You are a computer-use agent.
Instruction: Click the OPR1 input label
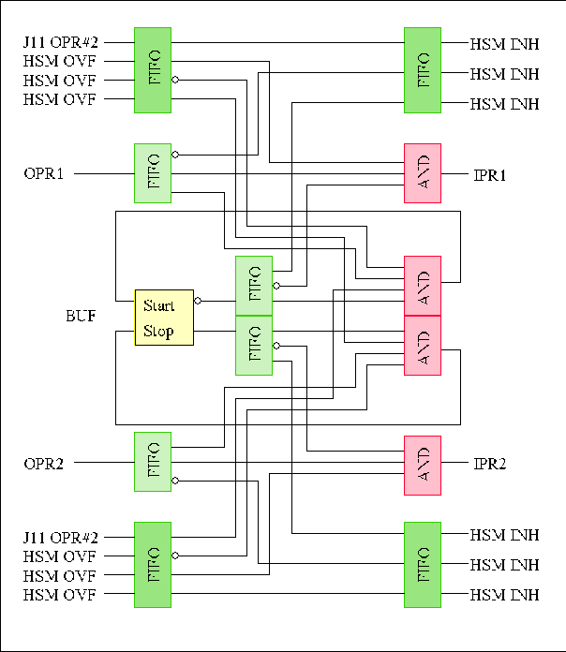(x=43, y=173)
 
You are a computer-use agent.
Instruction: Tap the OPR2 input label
(x=43, y=463)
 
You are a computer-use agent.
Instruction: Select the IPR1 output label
(x=490, y=173)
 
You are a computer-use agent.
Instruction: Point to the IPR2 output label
(x=490, y=463)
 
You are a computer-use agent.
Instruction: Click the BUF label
(x=79, y=318)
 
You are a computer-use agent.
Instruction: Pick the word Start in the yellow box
(x=159, y=305)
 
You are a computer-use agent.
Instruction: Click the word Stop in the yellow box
(x=158, y=331)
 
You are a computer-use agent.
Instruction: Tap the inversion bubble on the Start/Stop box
(x=197, y=302)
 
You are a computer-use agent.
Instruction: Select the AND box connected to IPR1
(x=422, y=173)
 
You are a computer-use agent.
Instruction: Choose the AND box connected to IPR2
(x=422, y=465)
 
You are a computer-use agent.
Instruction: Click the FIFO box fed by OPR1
(x=153, y=172)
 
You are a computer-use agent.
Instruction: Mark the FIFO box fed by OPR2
(x=153, y=462)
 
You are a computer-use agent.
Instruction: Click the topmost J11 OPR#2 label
(x=61, y=42)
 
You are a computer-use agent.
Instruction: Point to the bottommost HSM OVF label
(x=59, y=594)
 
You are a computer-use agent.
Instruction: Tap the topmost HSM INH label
(x=504, y=42)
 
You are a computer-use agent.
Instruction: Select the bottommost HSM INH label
(x=504, y=594)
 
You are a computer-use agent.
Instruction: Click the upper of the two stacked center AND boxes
(x=422, y=286)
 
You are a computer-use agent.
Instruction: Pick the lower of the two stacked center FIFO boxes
(x=253, y=345)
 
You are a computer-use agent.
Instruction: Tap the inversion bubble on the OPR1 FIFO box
(x=175, y=155)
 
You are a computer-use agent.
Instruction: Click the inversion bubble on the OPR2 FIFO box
(x=175, y=481)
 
